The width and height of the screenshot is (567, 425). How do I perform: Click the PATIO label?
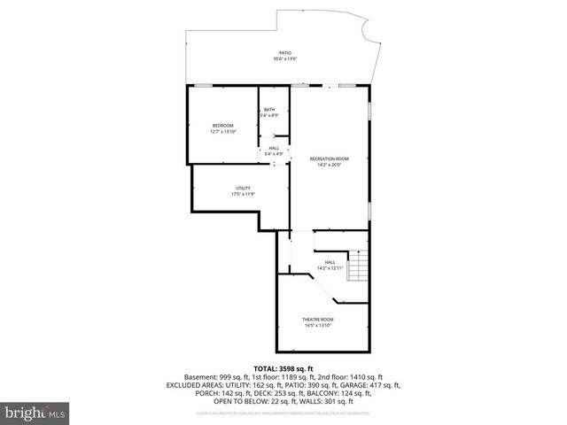click(x=285, y=53)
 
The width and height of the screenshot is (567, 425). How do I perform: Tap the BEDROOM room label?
click(x=222, y=126)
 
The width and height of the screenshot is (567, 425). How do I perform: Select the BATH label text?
click(x=269, y=110)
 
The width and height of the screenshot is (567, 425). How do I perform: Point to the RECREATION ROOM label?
click(x=329, y=158)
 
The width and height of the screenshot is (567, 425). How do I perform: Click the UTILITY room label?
click(x=242, y=188)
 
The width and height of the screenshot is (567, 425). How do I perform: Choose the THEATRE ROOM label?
click(x=316, y=319)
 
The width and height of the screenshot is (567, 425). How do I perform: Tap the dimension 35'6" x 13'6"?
click(x=285, y=59)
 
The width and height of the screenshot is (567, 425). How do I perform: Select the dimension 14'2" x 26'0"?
click(x=329, y=165)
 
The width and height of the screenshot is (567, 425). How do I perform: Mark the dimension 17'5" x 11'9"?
click(x=242, y=194)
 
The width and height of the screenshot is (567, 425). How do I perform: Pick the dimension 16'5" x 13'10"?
click(x=316, y=325)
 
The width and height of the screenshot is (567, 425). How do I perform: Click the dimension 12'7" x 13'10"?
click(x=222, y=132)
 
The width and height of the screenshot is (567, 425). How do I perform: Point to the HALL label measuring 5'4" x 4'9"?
click(x=274, y=148)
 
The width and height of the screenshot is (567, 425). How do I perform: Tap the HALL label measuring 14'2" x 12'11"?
click(x=330, y=262)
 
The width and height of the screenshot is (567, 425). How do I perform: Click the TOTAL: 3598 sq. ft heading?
click(x=283, y=368)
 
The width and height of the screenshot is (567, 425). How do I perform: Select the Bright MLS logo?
click(x=35, y=413)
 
